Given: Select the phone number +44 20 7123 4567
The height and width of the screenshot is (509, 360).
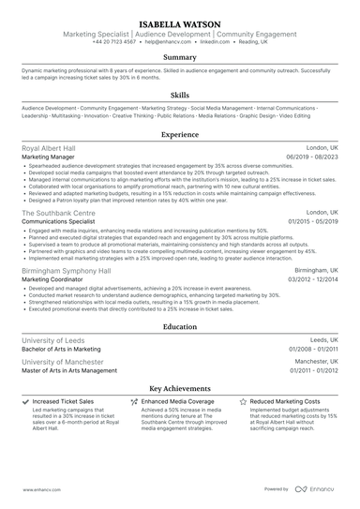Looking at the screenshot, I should [x=113, y=42].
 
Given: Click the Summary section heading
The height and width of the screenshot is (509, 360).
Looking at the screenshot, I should [x=180, y=57].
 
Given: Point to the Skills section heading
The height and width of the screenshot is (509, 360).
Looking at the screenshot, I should [x=180, y=96].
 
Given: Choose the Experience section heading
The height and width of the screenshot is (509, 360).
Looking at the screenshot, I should [x=180, y=135].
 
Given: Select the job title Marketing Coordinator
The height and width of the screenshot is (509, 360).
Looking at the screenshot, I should [x=53, y=278].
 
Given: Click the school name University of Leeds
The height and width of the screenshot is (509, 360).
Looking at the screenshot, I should [x=53, y=340].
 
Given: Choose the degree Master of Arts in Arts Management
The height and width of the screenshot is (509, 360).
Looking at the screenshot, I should [x=69, y=370].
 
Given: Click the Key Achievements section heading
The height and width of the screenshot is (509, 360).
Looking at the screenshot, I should [x=180, y=387].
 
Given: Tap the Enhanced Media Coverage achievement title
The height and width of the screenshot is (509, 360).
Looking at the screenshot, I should [x=182, y=401].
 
